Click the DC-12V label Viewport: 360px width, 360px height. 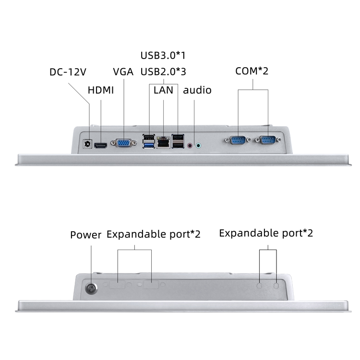(68, 72)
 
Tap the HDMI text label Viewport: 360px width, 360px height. (101, 90)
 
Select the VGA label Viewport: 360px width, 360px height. (123, 72)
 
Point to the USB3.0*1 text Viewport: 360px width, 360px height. (163, 55)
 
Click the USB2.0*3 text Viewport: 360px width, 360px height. (163, 72)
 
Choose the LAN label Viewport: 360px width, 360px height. (163, 90)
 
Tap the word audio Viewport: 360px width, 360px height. (197, 90)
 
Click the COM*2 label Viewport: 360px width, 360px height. (252, 71)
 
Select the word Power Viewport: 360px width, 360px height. (86, 235)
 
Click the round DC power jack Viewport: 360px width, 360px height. (88, 144)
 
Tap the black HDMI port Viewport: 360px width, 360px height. (101, 145)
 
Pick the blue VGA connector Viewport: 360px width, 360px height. (123, 144)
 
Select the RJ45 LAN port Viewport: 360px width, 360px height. (164, 142)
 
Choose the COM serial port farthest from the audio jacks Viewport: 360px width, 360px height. (267, 140)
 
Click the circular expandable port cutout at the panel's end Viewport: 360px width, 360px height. (276, 285)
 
